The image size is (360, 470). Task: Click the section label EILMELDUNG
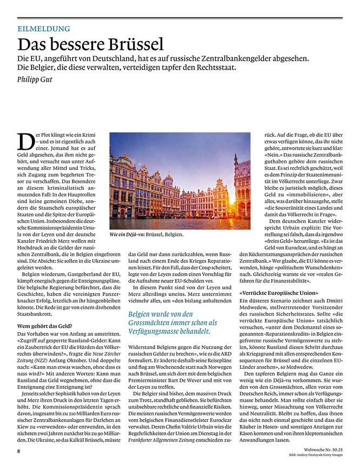[x=43, y=29]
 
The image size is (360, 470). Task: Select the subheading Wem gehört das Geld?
[x=43, y=326]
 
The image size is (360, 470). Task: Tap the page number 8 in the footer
[x=18, y=450]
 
